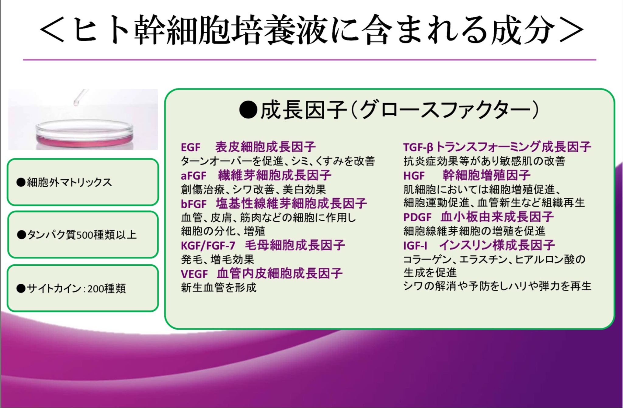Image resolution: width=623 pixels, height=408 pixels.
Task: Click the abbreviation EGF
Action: [190, 147]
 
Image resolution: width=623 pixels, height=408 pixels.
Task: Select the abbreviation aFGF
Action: [193, 176]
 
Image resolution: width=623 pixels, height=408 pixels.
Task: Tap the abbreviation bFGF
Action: [194, 204]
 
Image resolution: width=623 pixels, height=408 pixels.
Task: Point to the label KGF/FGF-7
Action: [208, 245]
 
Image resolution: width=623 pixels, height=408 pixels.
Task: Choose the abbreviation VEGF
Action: [194, 274]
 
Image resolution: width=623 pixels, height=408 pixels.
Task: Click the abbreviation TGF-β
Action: [418, 147]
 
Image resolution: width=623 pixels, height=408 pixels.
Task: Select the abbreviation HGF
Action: [414, 176]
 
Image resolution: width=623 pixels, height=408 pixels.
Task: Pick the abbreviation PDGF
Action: [417, 217]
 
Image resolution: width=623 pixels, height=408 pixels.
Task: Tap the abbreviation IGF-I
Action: [415, 245]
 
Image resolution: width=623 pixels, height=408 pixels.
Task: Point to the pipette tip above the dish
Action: [76, 103]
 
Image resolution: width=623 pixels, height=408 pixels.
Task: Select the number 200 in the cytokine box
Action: [96, 289]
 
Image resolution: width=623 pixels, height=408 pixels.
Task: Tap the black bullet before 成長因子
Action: [248, 110]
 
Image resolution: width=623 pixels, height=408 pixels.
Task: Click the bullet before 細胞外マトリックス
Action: [21, 182]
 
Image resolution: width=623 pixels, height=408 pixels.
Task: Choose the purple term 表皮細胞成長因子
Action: [266, 147]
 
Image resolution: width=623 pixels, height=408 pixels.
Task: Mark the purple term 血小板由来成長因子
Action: [497, 217]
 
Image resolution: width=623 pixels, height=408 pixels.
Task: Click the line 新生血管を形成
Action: [219, 287]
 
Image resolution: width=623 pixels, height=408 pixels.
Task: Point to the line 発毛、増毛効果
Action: [218, 259]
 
